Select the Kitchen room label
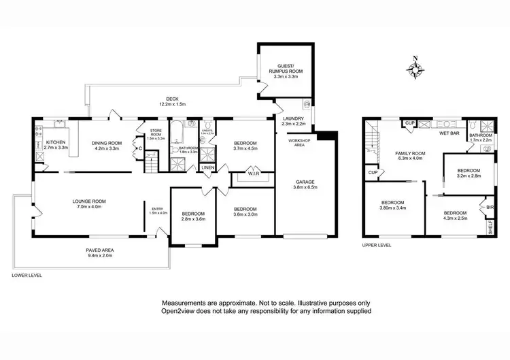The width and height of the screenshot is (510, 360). click(56, 144)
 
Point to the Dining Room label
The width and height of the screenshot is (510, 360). click(105, 145)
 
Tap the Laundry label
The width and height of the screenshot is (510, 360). click(293, 120)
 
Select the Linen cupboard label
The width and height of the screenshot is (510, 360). click(208, 167)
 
